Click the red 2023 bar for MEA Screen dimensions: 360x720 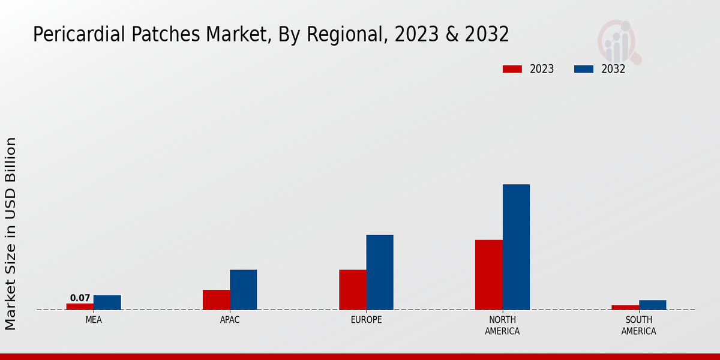(x=80, y=307)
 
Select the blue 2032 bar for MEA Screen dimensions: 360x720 (x=107, y=302)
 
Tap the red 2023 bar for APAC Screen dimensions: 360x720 (x=216, y=299)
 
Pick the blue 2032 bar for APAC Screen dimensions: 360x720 (x=243, y=290)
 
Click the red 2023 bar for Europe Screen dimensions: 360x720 (x=352, y=290)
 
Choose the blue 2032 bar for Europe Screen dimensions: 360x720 (x=380, y=272)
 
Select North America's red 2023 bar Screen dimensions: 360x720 (x=488, y=275)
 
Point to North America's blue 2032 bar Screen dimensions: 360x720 (x=516, y=247)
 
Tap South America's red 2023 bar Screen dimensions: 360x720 (x=625, y=307)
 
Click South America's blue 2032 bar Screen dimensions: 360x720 (x=652, y=305)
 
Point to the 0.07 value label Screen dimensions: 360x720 (x=80, y=298)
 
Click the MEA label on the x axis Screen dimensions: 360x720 (x=94, y=320)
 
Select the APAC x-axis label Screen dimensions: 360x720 (x=230, y=320)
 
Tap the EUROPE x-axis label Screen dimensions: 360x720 (x=366, y=320)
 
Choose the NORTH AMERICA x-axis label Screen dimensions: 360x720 (x=503, y=326)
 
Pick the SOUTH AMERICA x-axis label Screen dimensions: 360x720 (x=638, y=326)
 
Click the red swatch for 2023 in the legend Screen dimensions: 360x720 (x=512, y=69)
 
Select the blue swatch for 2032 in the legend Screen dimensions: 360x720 (x=583, y=69)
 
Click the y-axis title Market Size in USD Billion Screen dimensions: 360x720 (x=11, y=234)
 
